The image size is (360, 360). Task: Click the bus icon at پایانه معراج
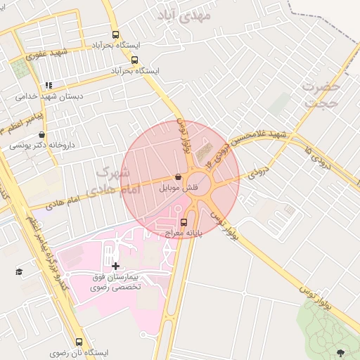(x=184, y=223)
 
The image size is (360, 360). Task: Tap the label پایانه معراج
(x=184, y=232)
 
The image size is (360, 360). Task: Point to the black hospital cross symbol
(x=115, y=266)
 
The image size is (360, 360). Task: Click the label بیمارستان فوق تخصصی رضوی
(x=116, y=282)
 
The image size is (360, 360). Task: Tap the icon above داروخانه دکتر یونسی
(x=41, y=135)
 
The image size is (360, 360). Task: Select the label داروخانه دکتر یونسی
(x=41, y=146)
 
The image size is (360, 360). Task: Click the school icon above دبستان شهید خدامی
(x=49, y=85)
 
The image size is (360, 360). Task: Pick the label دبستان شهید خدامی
(x=49, y=96)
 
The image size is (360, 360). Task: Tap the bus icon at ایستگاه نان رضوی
(x=79, y=341)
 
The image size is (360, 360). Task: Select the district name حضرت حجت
(x=321, y=94)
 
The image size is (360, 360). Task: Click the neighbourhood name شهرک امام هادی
(x=112, y=181)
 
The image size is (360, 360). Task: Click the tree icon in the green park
(x=342, y=352)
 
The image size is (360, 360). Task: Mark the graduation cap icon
(x=18, y=271)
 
